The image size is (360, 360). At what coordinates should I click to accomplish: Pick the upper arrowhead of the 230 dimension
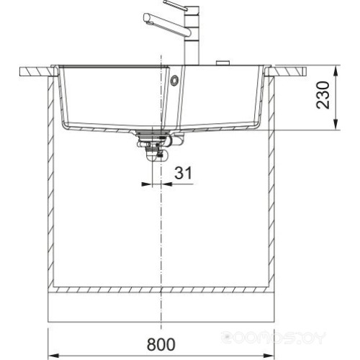pos(336,71)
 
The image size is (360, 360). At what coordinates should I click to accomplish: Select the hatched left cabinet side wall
pos(53,180)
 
